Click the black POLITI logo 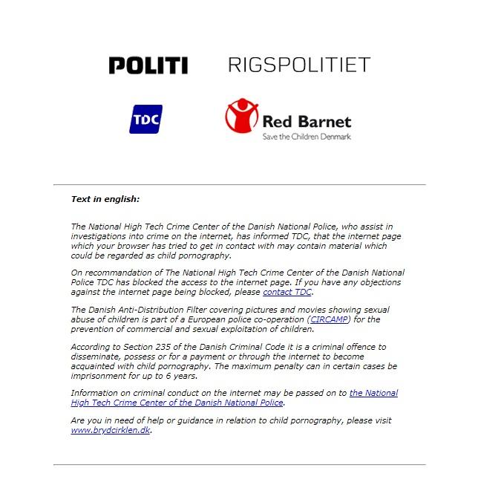(x=148, y=65)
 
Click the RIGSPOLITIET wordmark (x=298, y=65)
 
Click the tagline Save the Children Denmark (x=306, y=137)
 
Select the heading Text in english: (x=105, y=199)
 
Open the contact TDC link (x=287, y=292)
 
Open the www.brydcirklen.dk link (x=110, y=430)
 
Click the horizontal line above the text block (x=240, y=183)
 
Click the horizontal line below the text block (x=240, y=464)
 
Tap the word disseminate (x=97, y=357)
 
